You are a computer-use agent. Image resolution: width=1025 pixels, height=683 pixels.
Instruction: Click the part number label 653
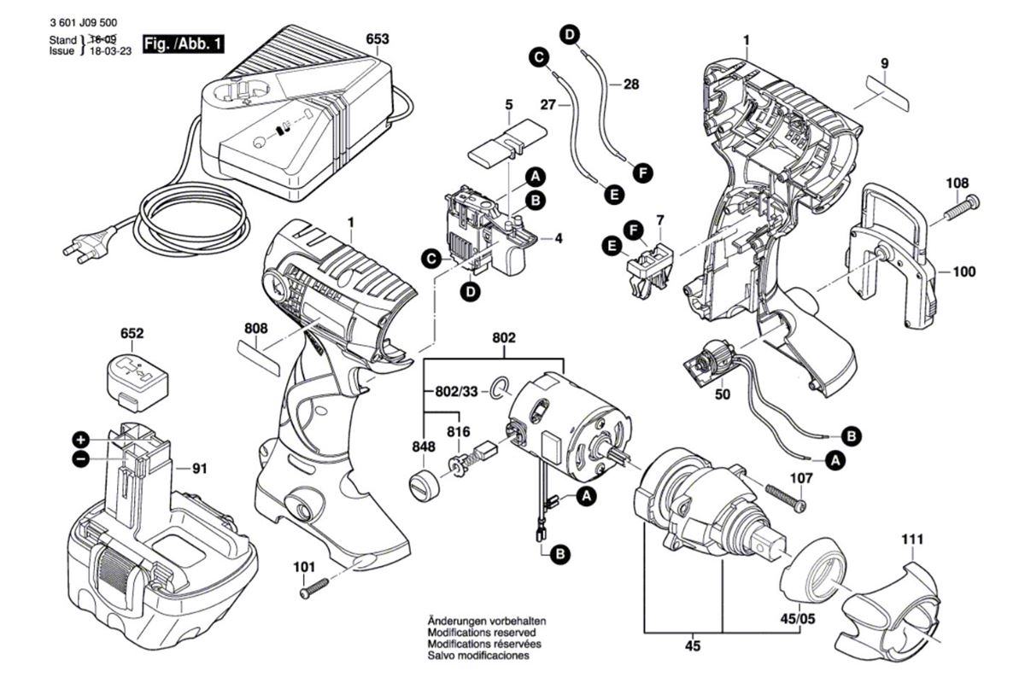(378, 39)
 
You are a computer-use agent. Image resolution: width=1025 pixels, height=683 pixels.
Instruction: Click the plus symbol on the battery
(80, 440)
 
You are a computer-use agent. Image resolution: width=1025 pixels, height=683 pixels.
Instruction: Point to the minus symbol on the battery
(80, 459)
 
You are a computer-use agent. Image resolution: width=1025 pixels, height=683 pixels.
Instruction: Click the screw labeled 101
(314, 587)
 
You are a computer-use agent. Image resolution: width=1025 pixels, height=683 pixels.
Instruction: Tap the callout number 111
(912, 540)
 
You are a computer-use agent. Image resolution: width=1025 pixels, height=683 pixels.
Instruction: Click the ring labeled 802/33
(498, 390)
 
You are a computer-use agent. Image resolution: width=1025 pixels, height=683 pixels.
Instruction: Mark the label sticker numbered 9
(886, 92)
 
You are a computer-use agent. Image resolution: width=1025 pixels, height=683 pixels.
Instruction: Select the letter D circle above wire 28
(570, 34)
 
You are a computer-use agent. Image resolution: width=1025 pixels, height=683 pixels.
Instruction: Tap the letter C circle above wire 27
(538, 57)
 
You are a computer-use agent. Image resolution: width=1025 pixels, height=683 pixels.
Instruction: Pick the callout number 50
(722, 396)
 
